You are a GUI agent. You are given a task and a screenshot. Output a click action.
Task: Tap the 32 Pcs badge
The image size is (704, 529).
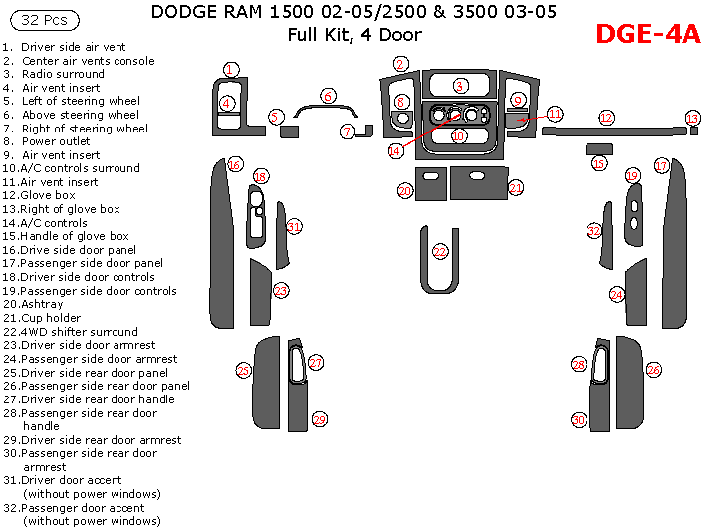[39, 20]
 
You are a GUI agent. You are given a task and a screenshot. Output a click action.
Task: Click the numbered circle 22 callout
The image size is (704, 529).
[440, 253]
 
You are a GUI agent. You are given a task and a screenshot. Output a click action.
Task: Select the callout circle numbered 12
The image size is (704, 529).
[606, 118]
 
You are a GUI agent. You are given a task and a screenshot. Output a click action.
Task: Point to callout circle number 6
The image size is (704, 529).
[328, 97]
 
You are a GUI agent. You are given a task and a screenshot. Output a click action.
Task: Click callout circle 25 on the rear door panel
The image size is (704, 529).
[243, 371]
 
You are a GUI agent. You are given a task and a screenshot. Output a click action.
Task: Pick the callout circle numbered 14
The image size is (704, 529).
[396, 150]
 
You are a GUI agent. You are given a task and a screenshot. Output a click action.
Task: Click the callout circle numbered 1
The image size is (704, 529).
[231, 69]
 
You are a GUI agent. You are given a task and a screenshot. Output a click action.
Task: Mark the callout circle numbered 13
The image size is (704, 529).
[692, 118]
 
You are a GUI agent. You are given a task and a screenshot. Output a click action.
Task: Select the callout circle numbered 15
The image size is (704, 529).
[599, 163]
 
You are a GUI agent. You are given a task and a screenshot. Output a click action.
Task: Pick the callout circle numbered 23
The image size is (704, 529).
[281, 291]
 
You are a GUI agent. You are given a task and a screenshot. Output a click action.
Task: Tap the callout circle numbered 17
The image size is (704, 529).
[662, 165]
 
